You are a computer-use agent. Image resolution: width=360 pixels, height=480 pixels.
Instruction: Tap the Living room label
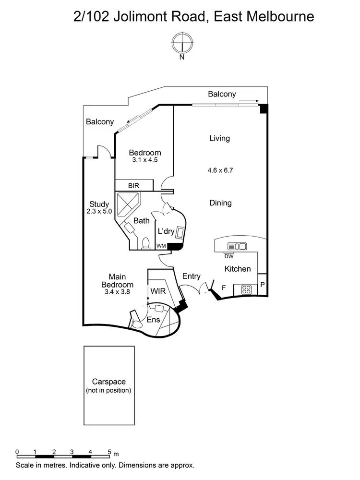coord(219,138)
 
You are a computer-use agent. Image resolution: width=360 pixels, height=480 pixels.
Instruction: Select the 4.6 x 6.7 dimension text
coord(221,170)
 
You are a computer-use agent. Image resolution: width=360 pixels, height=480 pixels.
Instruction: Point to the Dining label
coord(220,203)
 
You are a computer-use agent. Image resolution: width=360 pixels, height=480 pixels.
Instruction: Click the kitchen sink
coord(237,247)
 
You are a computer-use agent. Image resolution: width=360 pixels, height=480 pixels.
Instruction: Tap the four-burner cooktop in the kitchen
coord(246,289)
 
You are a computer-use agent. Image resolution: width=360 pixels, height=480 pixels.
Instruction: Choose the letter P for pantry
coord(263,284)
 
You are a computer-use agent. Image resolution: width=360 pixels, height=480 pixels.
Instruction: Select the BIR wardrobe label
coord(133,185)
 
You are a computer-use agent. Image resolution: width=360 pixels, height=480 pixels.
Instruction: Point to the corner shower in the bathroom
coord(128,204)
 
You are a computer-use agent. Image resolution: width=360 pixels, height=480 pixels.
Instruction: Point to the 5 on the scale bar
coord(109,452)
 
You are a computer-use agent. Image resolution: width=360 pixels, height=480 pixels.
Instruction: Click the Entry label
coord(192,276)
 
